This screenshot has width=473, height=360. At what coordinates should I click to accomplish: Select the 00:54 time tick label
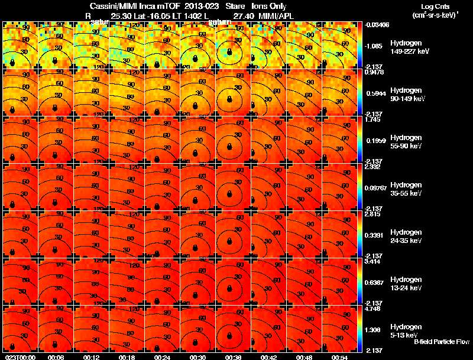point(339,357)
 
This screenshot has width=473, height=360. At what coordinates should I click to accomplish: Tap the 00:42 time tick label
point(268,357)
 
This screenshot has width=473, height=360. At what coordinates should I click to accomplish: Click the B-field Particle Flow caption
point(441,342)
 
